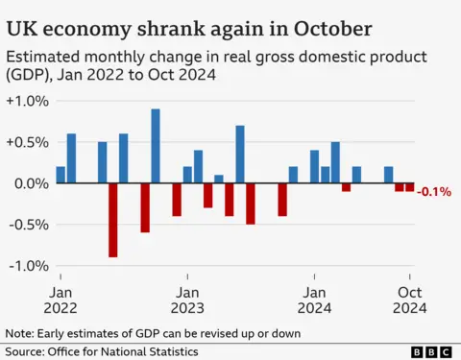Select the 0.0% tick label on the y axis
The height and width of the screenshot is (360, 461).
coord(27,183)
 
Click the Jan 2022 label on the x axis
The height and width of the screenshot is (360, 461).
coord(60,299)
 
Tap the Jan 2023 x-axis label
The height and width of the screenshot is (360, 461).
coord(187,299)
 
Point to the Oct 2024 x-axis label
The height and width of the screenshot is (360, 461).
coord(410,299)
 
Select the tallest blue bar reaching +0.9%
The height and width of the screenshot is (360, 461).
coord(156,146)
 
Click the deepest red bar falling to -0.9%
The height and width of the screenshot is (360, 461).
coord(113,220)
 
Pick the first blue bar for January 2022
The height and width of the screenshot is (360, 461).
coord(61,175)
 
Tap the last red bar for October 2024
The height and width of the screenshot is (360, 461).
coord(410,187)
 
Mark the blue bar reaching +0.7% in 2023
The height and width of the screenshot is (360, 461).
coord(240,155)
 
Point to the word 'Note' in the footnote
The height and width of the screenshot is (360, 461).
coord(19,333)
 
